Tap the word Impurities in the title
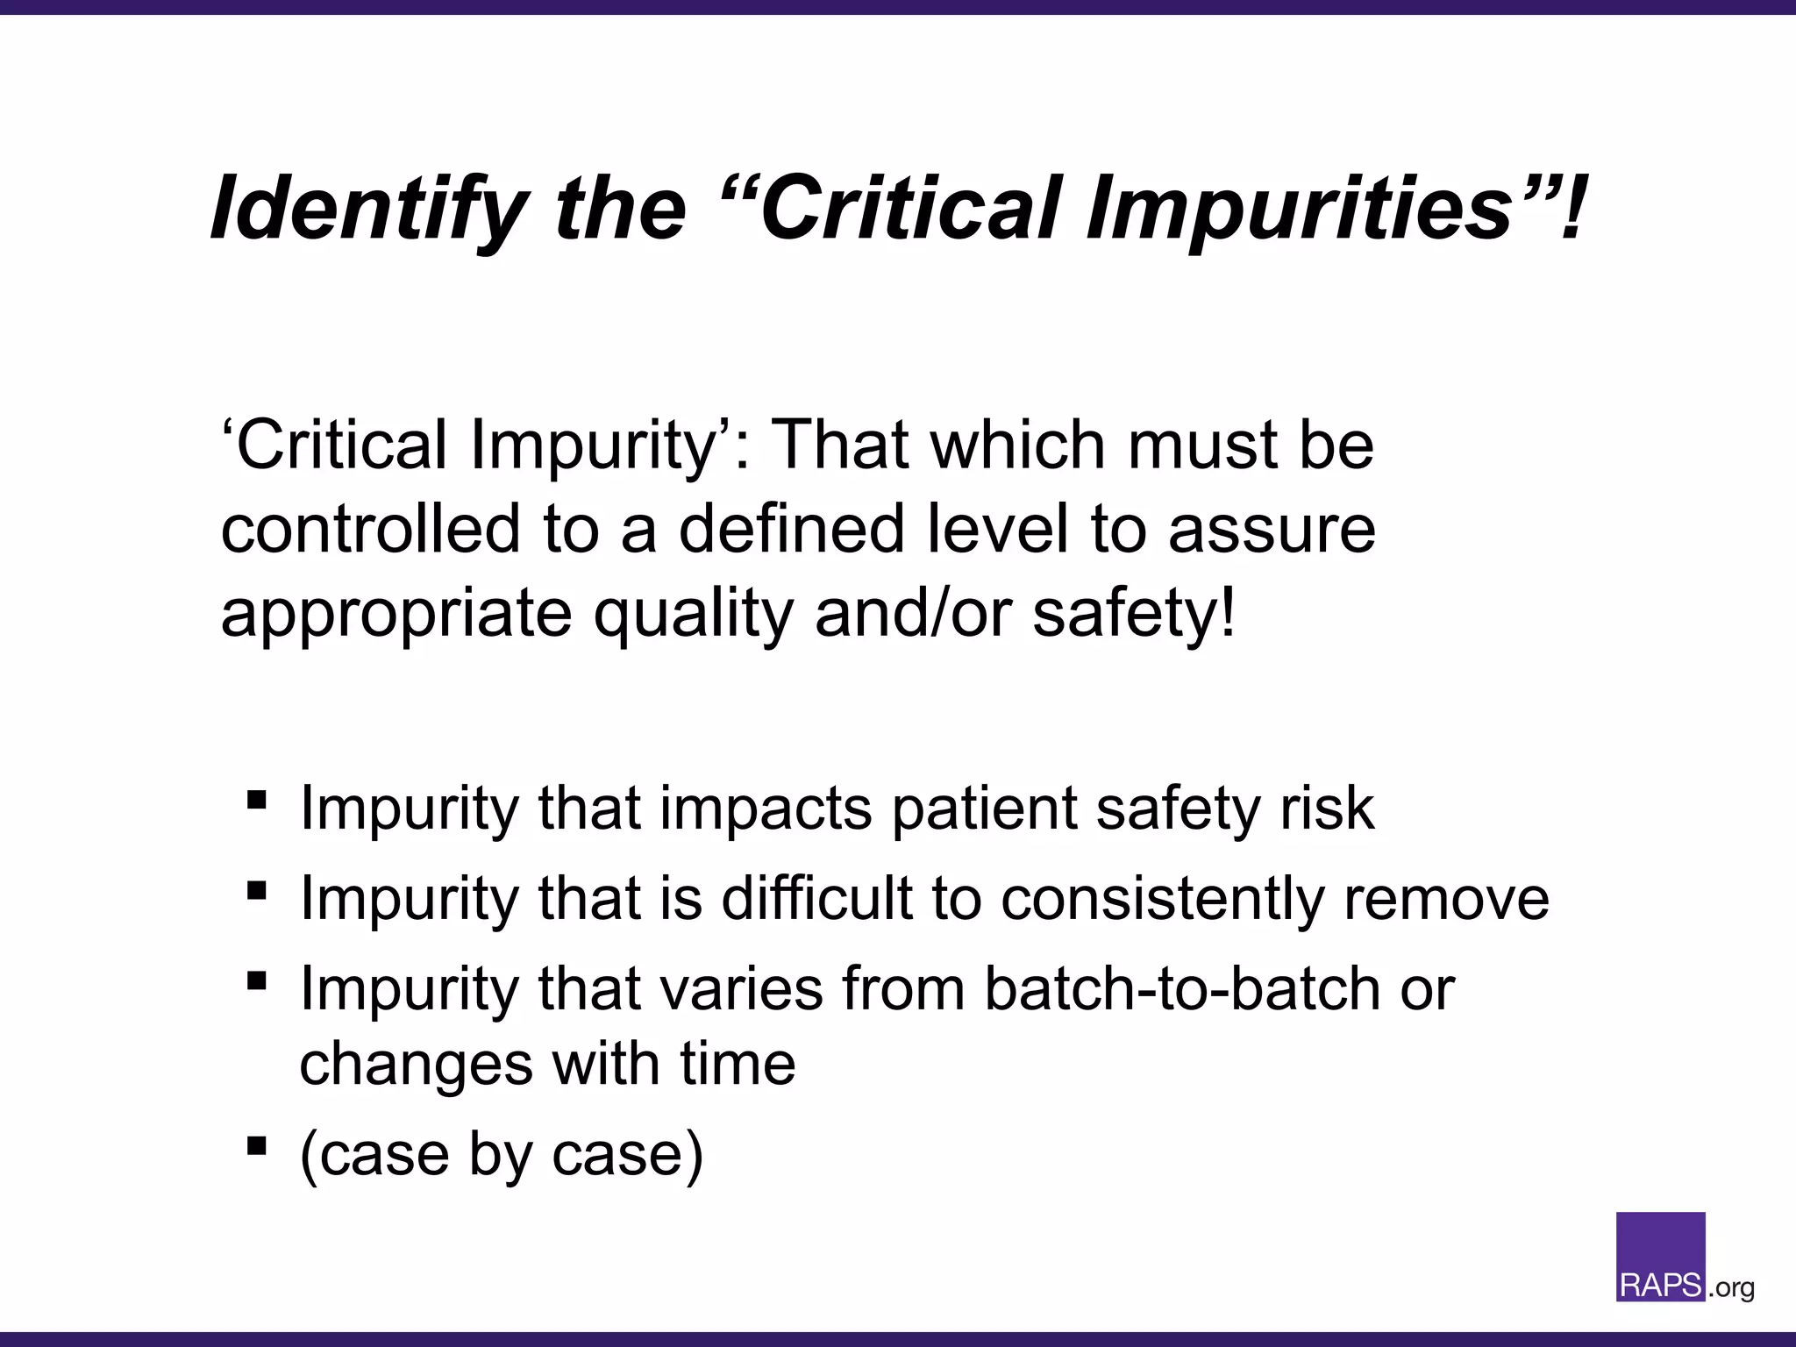1298,209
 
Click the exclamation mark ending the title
1575,209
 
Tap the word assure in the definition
1272,529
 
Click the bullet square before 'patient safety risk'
256,799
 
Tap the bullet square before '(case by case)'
256,1144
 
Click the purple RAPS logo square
1660,1254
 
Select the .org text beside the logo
1731,1288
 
